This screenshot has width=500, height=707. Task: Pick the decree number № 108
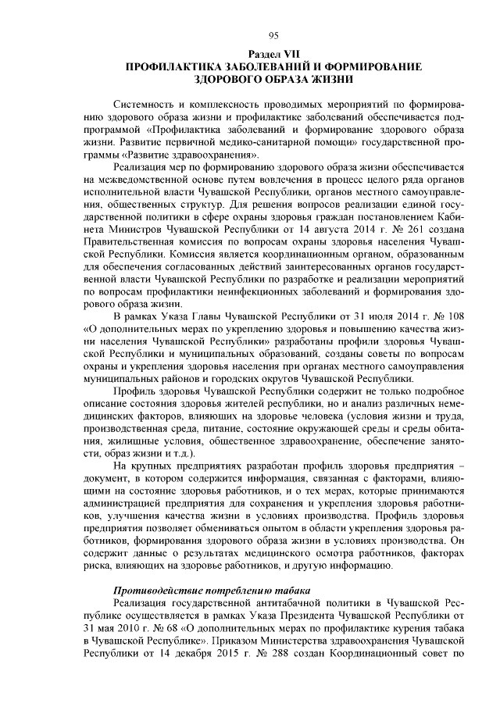coord(451,316)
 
